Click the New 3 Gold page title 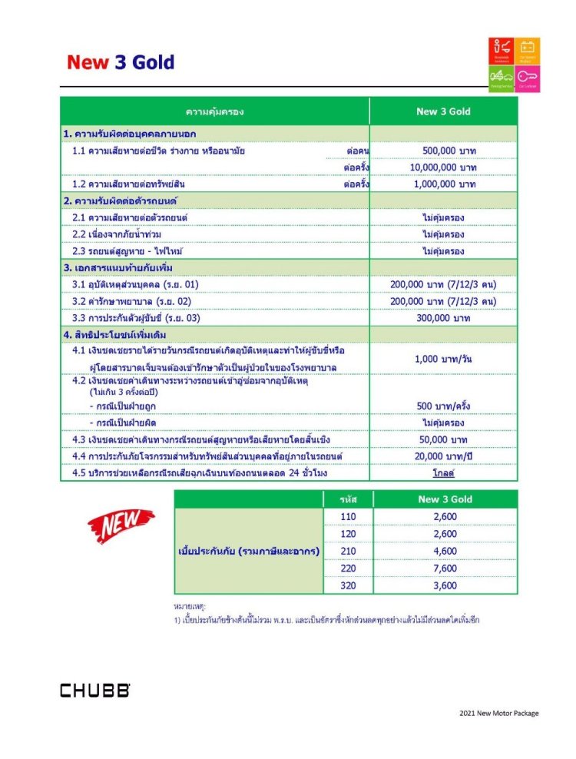(x=121, y=63)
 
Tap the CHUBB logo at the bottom (x=95, y=690)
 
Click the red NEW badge (x=121, y=525)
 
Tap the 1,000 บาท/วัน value (x=444, y=360)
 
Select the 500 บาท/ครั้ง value (x=444, y=406)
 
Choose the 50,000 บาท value (x=444, y=439)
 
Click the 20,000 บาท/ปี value (x=444, y=456)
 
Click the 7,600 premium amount (x=445, y=568)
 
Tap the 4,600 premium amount (x=445, y=551)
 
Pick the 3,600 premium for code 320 (x=445, y=585)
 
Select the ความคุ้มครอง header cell (x=214, y=112)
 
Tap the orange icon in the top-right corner (x=527, y=51)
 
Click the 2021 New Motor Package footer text (x=498, y=713)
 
